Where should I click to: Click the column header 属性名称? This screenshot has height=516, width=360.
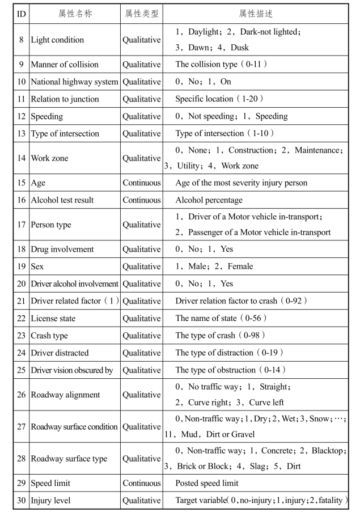pyautogui.click(x=74, y=13)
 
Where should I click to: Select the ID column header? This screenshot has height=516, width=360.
pyautogui.click(x=21, y=13)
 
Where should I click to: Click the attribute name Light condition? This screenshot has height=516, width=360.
pyautogui.click(x=57, y=40)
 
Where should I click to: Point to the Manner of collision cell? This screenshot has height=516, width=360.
pyautogui.click(x=64, y=65)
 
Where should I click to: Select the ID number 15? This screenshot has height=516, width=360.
pyautogui.click(x=21, y=183)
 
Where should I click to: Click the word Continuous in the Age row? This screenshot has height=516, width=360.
pyautogui.click(x=142, y=183)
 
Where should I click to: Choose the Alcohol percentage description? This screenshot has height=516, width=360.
pyautogui.click(x=209, y=200)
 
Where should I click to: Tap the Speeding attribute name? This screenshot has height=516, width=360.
pyautogui.click(x=46, y=116)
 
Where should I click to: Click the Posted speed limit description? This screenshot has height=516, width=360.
pyautogui.click(x=207, y=483)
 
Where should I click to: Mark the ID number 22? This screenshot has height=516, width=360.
pyautogui.click(x=21, y=318)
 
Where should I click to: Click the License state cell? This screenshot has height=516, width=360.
pyautogui.click(x=53, y=318)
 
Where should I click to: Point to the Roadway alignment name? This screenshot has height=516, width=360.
pyautogui.click(x=65, y=395)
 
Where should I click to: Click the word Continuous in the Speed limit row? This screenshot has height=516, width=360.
pyautogui.click(x=142, y=483)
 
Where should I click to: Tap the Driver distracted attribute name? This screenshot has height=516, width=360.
pyautogui.click(x=60, y=353)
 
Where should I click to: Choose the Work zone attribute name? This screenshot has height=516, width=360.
pyautogui.click(x=49, y=158)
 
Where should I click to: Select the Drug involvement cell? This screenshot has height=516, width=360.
pyautogui.click(x=62, y=249)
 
